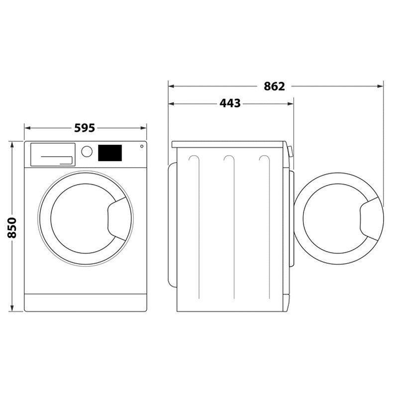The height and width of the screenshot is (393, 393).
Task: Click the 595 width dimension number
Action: pyautogui.click(x=85, y=128)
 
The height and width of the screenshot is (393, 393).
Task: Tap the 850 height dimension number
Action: pyautogui.click(x=12, y=227)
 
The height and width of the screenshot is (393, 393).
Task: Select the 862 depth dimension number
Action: pyautogui.click(x=274, y=86)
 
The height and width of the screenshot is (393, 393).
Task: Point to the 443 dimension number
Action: pyautogui.click(x=230, y=103)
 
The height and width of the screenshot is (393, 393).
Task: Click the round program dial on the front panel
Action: pyautogui.click(x=87, y=152)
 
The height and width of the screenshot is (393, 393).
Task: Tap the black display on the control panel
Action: pyautogui.click(x=110, y=153)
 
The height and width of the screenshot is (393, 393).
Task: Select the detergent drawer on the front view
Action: pyautogui.click(x=53, y=154)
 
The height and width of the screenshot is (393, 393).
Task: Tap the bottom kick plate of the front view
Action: pyautogui.click(x=86, y=302)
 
